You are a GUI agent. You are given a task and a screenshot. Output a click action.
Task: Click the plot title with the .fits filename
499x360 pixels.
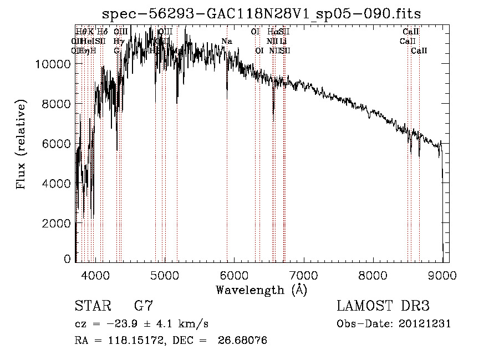point(266,14)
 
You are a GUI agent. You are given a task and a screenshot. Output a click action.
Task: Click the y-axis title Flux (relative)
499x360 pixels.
point(22,145)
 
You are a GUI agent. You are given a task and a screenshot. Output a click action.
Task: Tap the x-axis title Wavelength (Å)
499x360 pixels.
point(261,290)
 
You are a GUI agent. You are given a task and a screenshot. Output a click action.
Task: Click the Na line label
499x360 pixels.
point(226,41)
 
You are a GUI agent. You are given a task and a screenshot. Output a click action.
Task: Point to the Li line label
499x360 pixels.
point(283,41)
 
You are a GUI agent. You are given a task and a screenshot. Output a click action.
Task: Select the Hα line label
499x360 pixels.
point(272,32)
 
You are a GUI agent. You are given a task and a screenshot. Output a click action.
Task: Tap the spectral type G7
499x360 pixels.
point(143,306)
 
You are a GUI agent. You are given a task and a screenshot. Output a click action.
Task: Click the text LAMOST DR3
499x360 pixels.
point(383,306)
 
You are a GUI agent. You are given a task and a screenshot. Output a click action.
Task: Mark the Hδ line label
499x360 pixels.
point(102,32)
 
